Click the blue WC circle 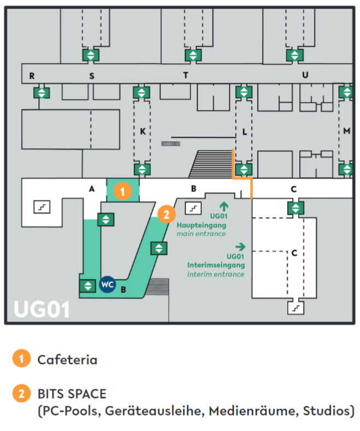[x=107, y=284]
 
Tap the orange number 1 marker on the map [x=123, y=191]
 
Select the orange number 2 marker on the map [x=166, y=214]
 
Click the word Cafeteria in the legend [x=67, y=360]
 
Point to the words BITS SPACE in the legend [x=72, y=394]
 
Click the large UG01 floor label [x=42, y=310]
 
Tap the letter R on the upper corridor [x=32, y=75]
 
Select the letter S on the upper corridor [x=92, y=76]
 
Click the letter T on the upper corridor [x=186, y=75]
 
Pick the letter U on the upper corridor [x=305, y=75]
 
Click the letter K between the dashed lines [x=143, y=131]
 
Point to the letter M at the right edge [x=347, y=131]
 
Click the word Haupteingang [x=201, y=225]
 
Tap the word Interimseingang [x=216, y=265]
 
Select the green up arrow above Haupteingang [x=224, y=206]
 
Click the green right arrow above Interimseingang [x=240, y=247]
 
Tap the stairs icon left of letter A [x=42, y=207]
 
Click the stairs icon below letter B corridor [x=193, y=208]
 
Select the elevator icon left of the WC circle [x=88, y=286]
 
